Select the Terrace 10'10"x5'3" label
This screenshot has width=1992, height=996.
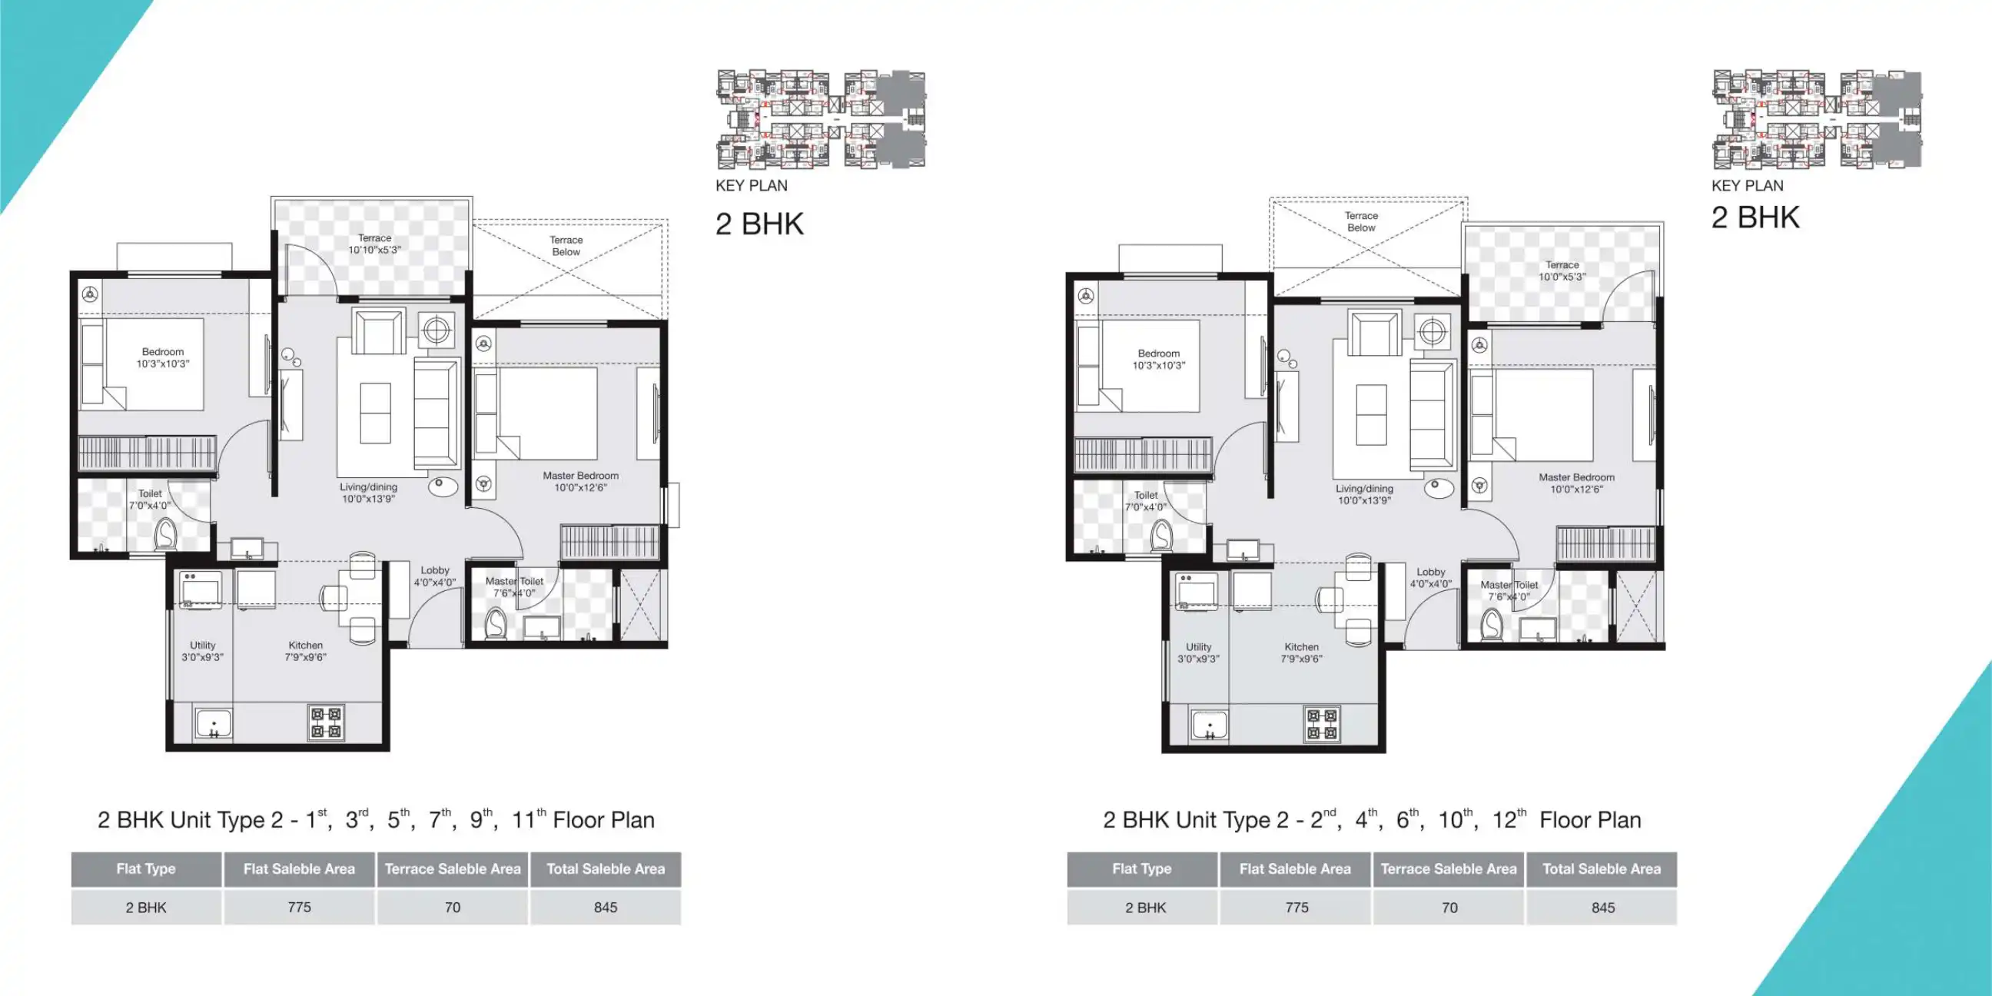(374, 244)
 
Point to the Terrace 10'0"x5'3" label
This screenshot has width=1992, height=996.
(1562, 271)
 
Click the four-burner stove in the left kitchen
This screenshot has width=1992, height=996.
(327, 722)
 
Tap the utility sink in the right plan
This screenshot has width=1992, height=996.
(1210, 725)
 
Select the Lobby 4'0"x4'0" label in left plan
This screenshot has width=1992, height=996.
(434, 576)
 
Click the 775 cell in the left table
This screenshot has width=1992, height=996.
(299, 907)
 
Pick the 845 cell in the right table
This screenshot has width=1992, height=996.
(1602, 907)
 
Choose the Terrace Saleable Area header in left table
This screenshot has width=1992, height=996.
(453, 868)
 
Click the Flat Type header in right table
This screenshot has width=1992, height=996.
(1141, 868)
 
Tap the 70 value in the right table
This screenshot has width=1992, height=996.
(1449, 907)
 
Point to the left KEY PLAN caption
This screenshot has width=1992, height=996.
(751, 185)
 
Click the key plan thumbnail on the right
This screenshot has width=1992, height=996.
(1817, 119)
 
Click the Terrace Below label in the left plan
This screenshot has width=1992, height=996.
(566, 246)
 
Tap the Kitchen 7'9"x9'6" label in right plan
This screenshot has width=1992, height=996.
(1301, 652)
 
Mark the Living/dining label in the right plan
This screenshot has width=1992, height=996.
(1364, 494)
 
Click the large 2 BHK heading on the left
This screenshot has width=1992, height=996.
(759, 224)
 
